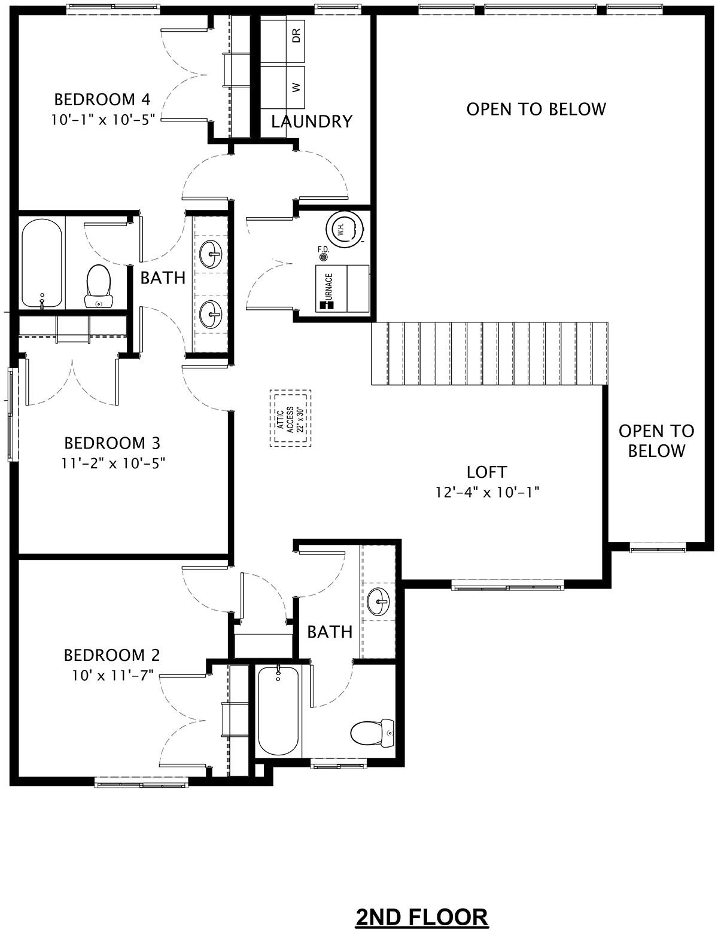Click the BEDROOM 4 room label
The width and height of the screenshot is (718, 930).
tap(102, 100)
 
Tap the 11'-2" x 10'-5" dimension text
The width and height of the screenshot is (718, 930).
tap(113, 463)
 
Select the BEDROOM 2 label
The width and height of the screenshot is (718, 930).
tap(112, 655)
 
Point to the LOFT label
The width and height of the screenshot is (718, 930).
tap(487, 472)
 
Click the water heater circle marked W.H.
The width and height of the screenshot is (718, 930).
tap(344, 230)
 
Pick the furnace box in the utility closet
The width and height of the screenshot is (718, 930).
tap(342, 288)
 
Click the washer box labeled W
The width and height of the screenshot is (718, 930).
tap(282, 87)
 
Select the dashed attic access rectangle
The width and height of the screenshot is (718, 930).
tap(290, 418)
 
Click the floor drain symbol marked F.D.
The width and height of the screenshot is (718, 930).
tap(323, 257)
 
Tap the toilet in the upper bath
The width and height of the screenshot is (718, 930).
tap(99, 286)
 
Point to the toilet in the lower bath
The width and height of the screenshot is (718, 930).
tap(372, 734)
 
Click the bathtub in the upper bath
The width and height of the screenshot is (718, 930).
tap(42, 263)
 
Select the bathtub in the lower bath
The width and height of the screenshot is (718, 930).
tap(278, 711)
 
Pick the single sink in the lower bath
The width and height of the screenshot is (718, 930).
tap(379, 601)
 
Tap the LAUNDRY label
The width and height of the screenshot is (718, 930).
tap(312, 121)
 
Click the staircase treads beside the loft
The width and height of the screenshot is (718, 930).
tap(489, 353)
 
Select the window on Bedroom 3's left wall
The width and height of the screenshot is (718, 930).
tap(13, 414)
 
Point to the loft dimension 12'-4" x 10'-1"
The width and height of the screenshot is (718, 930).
tap(487, 493)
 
